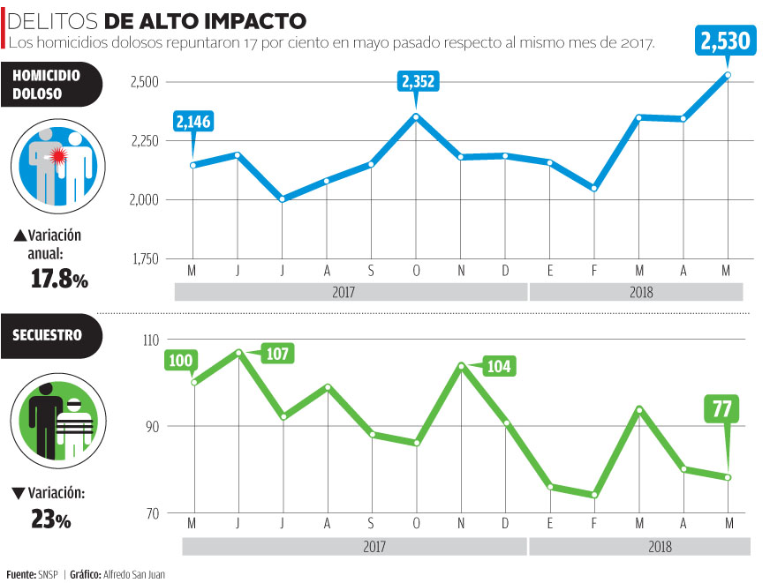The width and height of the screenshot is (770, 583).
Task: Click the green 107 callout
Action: [276, 353]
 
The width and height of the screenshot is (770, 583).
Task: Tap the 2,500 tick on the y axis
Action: [144, 82]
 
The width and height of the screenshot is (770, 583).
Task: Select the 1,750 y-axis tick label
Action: [145, 258]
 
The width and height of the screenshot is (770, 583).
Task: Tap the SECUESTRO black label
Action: [48, 335]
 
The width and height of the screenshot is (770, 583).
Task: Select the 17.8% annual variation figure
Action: [54, 280]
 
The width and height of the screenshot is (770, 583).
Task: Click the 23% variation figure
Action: [51, 519]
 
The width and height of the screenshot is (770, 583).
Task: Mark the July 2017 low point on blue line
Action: [282, 199]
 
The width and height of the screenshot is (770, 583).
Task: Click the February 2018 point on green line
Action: [594, 495]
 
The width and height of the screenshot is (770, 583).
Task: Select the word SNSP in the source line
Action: [48, 573]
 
